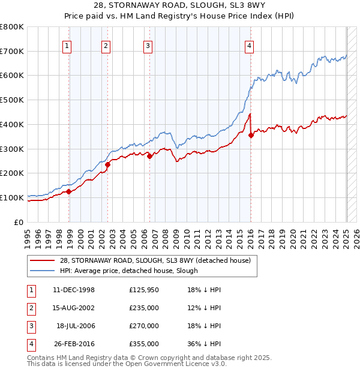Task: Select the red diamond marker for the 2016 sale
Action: click(251, 136)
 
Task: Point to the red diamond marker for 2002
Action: click(107, 164)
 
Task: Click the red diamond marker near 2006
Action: click(149, 156)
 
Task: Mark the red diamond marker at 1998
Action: click(69, 191)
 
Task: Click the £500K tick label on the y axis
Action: click(12, 100)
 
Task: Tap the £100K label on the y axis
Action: click(12, 197)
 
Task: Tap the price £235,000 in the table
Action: click(144, 308)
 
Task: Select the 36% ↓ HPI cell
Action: click(203, 344)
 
